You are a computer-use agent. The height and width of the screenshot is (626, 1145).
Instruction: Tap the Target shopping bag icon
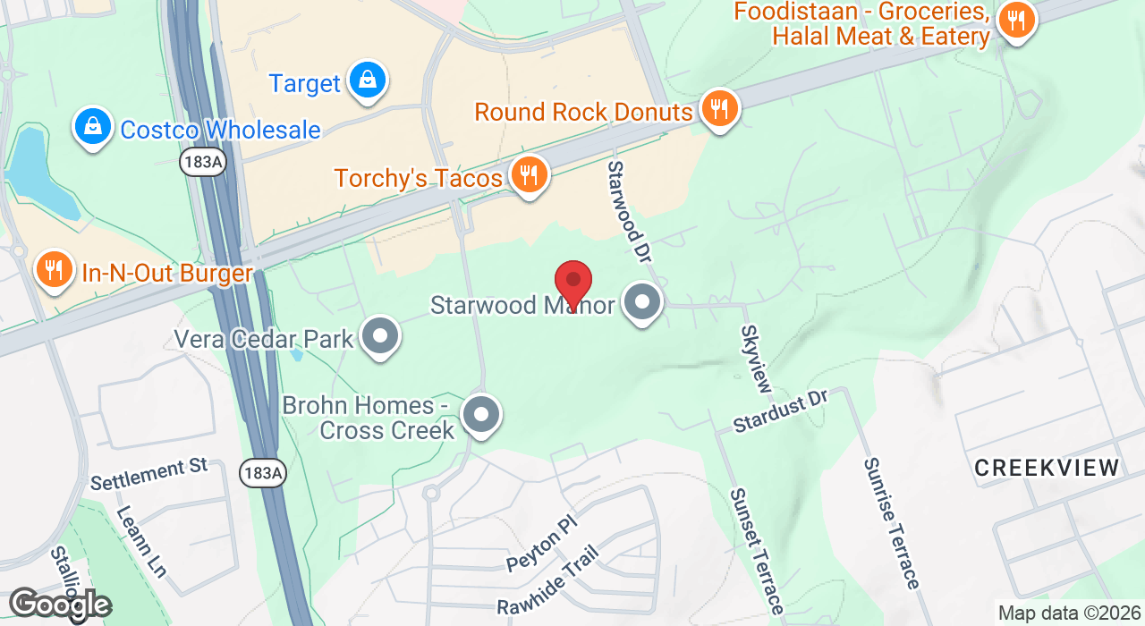point(367,80)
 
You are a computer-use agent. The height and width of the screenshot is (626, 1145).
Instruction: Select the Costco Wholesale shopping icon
point(92,127)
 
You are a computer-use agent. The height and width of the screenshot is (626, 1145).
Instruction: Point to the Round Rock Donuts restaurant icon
point(717,109)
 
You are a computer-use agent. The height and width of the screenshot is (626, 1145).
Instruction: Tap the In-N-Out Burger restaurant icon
point(55,269)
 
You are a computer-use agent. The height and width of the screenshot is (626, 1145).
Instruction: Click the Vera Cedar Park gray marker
point(381,337)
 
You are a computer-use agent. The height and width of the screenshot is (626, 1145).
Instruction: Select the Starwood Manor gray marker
point(642,303)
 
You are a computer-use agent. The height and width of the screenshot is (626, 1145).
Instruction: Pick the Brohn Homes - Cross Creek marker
point(481,416)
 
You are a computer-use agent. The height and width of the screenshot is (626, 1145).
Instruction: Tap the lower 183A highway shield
point(263,473)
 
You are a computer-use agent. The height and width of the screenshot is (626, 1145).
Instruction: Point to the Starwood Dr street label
point(628,211)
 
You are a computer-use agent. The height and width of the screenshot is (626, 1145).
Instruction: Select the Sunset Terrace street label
point(757,549)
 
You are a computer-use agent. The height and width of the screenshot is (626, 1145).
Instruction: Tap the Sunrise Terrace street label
point(891,523)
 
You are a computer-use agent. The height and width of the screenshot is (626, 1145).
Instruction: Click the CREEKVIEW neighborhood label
point(1047,468)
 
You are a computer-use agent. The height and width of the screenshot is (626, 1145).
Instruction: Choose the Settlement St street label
point(148,473)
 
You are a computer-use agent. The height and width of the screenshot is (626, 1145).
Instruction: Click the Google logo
point(59,605)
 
